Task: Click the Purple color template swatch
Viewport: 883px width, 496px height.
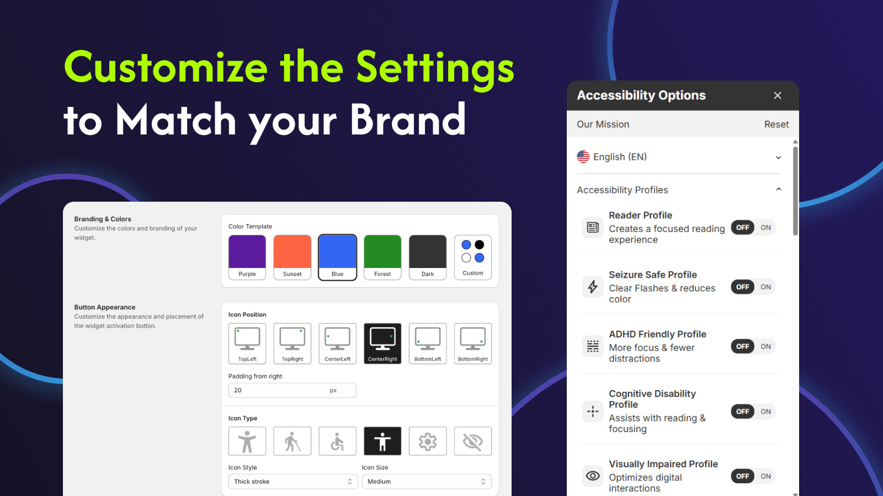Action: (247, 257)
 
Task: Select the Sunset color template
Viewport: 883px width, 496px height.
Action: (292, 257)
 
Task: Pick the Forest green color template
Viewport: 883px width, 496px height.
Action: (382, 257)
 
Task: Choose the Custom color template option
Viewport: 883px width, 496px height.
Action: (472, 257)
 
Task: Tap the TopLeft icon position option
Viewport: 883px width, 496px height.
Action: (247, 343)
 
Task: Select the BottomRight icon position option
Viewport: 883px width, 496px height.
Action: (472, 343)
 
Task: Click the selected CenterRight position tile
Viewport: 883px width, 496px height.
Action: (382, 343)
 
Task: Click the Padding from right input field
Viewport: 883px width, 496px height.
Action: (292, 390)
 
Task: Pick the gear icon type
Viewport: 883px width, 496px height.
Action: (428, 441)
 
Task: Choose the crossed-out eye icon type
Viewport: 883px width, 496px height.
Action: (472, 441)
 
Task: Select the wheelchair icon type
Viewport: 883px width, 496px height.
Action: (337, 441)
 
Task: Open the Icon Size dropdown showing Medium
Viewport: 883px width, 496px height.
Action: (427, 482)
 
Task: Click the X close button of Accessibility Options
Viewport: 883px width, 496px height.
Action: (778, 96)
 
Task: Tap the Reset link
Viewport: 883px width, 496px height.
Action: (776, 125)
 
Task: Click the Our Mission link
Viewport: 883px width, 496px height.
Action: (603, 125)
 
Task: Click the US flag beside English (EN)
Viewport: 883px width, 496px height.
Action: (583, 157)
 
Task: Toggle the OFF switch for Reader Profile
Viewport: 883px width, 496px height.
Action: (742, 228)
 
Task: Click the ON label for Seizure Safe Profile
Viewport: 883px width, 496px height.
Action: (765, 287)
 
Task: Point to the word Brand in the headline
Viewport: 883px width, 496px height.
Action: (408, 119)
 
